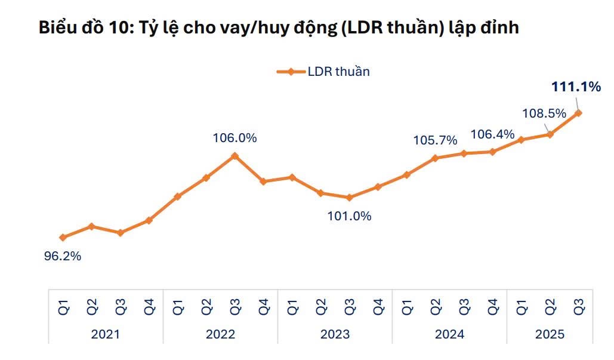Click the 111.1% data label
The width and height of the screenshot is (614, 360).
[575, 87]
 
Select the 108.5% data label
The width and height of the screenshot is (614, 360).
[544, 113]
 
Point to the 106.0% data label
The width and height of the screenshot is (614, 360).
[235, 138]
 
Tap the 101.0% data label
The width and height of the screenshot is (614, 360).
[349, 216]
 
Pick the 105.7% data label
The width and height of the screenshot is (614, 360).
[436, 140]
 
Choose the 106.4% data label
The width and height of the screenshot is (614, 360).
[492, 134]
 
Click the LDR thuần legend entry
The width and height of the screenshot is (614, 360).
[338, 72]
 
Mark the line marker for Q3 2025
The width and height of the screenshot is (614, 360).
[578, 113]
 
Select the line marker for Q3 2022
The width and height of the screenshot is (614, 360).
[235, 156]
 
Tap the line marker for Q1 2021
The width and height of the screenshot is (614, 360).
[63, 238]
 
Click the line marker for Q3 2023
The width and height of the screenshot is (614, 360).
[350, 198]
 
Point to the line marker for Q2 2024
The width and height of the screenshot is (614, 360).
[435, 158]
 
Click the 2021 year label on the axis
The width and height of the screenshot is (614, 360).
[106, 334]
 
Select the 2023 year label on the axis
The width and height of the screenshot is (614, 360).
[335, 334]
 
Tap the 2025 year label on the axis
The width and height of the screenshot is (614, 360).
[550, 334]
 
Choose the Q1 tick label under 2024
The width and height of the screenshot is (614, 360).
[408, 306]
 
